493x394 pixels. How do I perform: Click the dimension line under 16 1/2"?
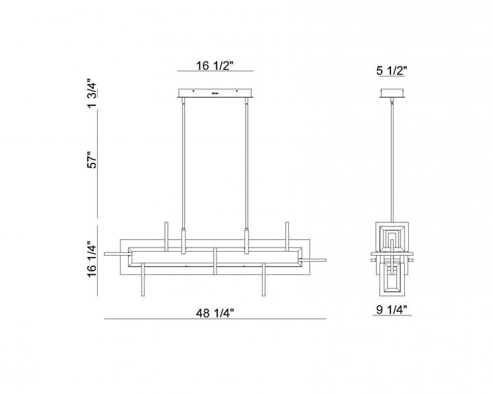pos(215,70)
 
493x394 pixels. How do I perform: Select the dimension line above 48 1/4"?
pos(215,319)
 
